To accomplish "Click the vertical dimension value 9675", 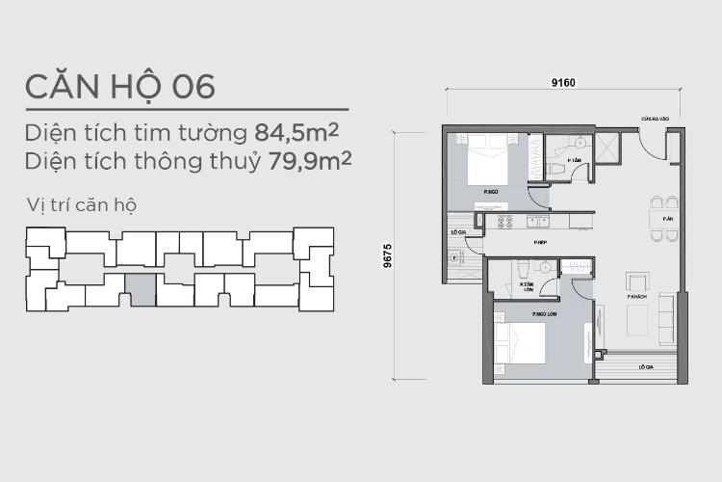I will (386, 255).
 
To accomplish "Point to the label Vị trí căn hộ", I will (83, 205).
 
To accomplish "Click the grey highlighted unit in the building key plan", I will (141, 290).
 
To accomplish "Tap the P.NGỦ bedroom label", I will (491, 193).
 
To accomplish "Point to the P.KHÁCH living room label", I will (636, 297).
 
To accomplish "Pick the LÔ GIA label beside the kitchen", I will (459, 232).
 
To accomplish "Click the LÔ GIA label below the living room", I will (640, 367).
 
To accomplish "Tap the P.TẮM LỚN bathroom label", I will (527, 285).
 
